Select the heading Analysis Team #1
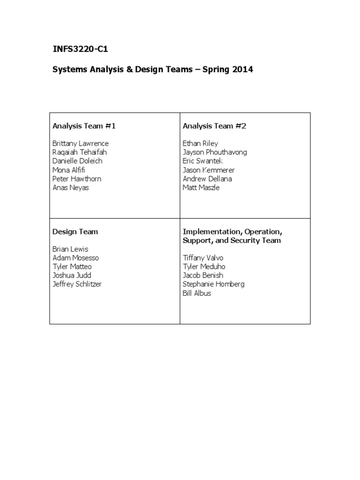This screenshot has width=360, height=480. tap(84, 126)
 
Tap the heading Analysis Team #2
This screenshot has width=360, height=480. tap(214, 126)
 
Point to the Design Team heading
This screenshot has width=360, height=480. tap(75, 231)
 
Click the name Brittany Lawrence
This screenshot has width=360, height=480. tap(81, 143)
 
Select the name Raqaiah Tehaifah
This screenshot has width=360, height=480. tap(79, 152)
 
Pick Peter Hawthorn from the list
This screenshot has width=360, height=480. tap(77, 179)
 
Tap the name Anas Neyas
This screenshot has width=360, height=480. tap(70, 187)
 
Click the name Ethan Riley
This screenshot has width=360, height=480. tap(200, 143)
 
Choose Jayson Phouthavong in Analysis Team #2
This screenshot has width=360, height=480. tap(215, 152)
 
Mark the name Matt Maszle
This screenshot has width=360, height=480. tap(201, 187)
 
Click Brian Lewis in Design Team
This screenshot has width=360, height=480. tap(70, 249)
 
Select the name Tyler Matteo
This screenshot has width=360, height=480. tap(72, 267)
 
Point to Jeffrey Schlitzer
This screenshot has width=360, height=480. tap(77, 284)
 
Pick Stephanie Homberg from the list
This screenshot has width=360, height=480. tap(213, 284)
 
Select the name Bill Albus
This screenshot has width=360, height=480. tap(197, 293)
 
